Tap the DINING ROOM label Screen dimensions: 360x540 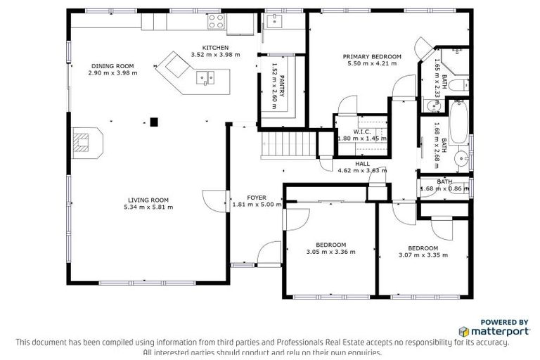(x=112, y=65)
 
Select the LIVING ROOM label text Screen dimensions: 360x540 (x=148, y=199)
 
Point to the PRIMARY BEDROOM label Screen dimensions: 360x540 (x=372, y=56)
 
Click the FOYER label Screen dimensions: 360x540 (x=256, y=198)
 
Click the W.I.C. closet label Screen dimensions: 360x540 (x=362, y=131)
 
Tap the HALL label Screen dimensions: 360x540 (x=362, y=163)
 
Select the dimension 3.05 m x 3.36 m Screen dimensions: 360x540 (x=330, y=252)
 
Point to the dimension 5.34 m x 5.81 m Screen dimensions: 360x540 (x=148, y=207)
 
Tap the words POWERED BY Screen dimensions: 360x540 (x=504, y=321)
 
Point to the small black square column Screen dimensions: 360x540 (x=155, y=122)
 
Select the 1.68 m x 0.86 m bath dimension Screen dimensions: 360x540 (x=444, y=188)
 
